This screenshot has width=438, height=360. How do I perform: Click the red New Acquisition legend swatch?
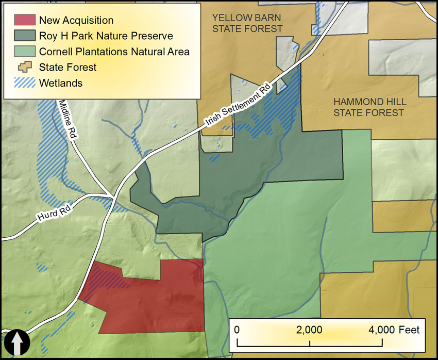[24, 21]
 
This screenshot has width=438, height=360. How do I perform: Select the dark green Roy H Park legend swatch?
[24, 36]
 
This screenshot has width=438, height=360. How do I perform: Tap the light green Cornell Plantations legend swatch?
[24, 52]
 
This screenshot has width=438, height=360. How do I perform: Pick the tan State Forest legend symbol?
[24, 67]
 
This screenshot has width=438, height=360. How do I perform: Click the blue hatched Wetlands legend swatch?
[24, 83]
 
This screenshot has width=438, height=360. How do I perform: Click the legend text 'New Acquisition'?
[76, 21]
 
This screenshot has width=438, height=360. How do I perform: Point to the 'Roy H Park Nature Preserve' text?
[106, 36]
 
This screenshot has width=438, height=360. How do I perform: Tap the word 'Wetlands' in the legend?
[61, 83]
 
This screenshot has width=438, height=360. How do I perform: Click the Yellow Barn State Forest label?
[247, 23]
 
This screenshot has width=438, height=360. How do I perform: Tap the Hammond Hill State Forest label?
[368, 107]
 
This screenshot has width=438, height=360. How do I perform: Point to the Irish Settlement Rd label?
[238, 103]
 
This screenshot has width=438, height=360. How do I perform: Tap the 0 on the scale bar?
[237, 330]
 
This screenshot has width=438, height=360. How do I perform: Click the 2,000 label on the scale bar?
[310, 330]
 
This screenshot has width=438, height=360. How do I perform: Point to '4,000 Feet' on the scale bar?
[394, 330]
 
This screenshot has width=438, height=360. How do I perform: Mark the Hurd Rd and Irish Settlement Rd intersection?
[113, 197]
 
